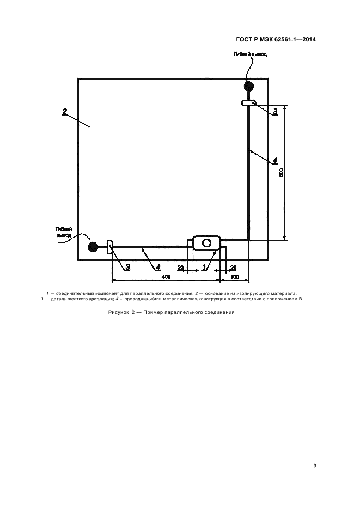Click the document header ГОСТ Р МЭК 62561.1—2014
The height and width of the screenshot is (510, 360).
276,39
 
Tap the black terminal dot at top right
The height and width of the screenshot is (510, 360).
249,86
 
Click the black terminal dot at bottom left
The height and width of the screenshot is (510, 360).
93,247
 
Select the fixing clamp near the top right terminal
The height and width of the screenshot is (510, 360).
249,103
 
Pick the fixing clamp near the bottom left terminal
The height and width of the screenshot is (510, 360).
110,247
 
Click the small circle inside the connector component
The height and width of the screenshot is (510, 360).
206,243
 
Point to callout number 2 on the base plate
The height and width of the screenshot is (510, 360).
65,111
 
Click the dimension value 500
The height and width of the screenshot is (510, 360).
282,172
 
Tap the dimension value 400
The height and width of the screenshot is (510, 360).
166,277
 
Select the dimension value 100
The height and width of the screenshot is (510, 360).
235,277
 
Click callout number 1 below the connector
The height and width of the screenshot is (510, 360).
204,268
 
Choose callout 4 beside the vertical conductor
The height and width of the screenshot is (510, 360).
275,160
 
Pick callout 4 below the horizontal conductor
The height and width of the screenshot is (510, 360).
158,268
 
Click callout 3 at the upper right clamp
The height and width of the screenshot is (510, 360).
275,112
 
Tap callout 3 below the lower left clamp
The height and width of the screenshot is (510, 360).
127,268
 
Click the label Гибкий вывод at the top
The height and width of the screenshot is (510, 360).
251,54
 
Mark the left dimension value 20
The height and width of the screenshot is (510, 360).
180,268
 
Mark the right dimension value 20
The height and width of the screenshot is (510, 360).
233,268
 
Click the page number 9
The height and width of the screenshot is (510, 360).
315,466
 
